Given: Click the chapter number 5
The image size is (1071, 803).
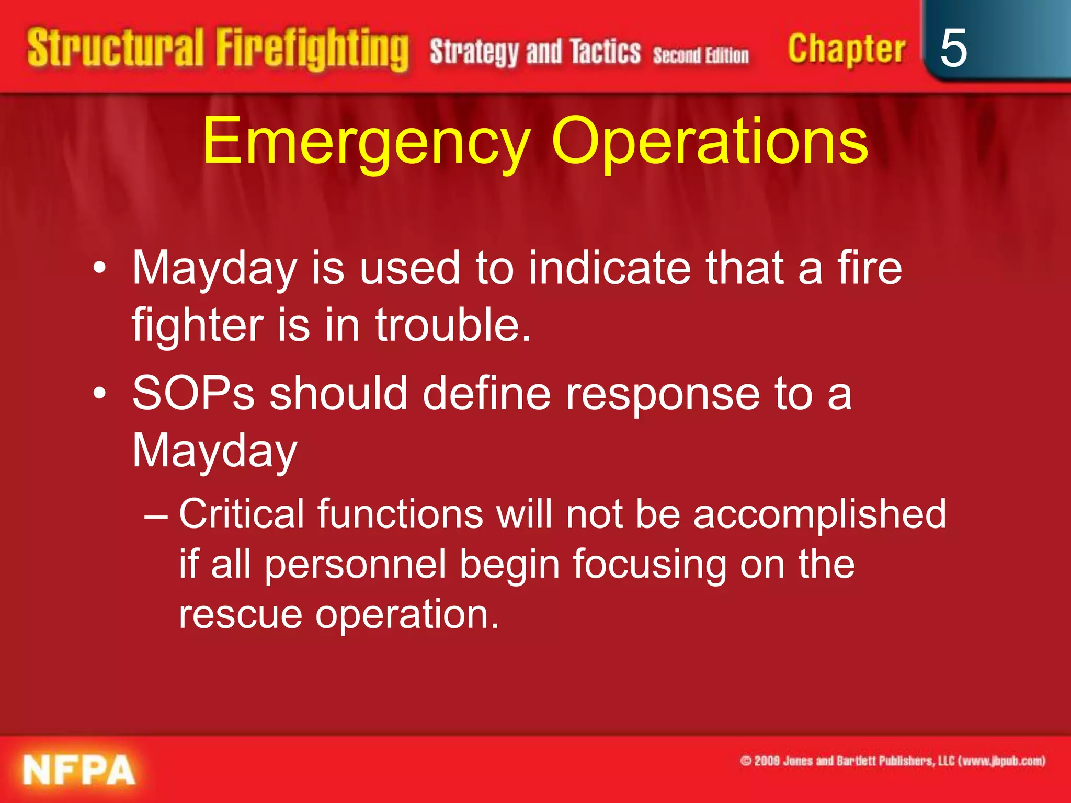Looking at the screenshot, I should (953, 48).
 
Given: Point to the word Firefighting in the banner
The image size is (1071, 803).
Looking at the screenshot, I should (312, 50).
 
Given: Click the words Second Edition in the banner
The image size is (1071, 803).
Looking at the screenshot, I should (700, 55).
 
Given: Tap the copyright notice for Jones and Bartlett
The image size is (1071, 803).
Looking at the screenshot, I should (892, 761).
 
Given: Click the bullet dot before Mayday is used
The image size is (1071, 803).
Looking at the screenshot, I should (99, 269).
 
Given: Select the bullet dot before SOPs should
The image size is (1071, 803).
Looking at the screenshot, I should (99, 394).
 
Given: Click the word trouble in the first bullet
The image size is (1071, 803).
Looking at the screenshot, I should (452, 325).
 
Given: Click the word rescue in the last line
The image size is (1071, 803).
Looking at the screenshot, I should (240, 614).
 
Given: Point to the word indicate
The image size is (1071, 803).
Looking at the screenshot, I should (610, 268).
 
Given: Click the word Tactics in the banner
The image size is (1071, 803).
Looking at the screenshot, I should (605, 52).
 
